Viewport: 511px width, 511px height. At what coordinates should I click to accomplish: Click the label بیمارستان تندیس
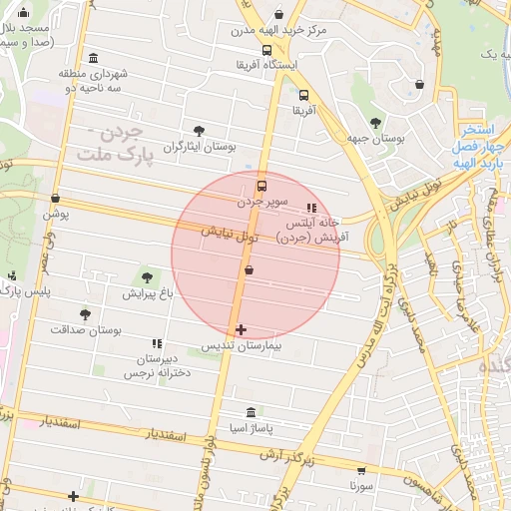pyautogui.click(x=240, y=345)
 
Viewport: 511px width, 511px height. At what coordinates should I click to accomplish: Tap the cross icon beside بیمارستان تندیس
pyautogui.click(x=240, y=329)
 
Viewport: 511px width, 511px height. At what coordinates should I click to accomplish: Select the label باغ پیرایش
pyautogui.click(x=148, y=293)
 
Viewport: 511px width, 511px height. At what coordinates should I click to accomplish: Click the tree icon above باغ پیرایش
pyautogui.click(x=148, y=276)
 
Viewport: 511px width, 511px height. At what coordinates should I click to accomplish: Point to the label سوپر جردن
pyautogui.click(x=262, y=201)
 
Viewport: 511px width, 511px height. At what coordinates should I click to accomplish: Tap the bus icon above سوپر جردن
pyautogui.click(x=262, y=186)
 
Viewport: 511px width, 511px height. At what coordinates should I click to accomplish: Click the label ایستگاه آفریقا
pyautogui.click(x=266, y=65)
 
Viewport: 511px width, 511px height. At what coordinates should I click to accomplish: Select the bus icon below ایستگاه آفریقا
pyautogui.click(x=266, y=50)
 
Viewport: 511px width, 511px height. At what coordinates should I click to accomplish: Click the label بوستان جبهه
pyautogui.click(x=375, y=140)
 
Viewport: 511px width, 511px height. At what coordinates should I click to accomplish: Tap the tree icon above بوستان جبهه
pyautogui.click(x=375, y=123)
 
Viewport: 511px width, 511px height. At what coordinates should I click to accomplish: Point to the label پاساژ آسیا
pyautogui.click(x=250, y=428)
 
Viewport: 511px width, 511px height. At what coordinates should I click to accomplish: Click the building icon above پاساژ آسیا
pyautogui.click(x=250, y=412)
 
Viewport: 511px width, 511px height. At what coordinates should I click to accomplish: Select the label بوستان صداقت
pyautogui.click(x=85, y=328)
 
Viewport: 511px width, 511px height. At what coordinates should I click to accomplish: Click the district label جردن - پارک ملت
pyautogui.click(x=111, y=146)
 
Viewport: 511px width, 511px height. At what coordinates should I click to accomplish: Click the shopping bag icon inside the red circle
pyautogui.click(x=249, y=269)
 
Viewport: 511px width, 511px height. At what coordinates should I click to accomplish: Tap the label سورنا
pyautogui.click(x=361, y=486)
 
